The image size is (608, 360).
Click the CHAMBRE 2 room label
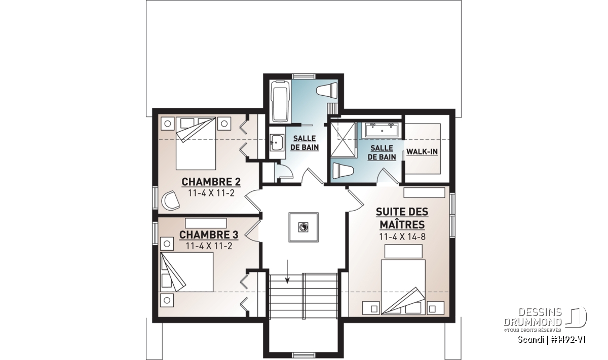211,182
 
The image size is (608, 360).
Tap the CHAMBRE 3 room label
209,234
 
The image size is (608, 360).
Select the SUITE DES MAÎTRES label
402,218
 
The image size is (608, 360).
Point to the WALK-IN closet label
422,152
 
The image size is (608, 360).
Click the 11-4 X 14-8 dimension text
402,237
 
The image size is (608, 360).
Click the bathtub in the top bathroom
281,101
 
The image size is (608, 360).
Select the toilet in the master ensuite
343,171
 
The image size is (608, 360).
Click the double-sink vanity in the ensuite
382,130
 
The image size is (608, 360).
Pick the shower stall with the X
343,140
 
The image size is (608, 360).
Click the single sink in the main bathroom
277,142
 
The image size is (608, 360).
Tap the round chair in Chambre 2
170,200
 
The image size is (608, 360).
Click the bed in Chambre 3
187,272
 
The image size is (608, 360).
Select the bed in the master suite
403,287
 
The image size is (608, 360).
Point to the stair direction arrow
287,271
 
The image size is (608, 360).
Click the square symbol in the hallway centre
303,227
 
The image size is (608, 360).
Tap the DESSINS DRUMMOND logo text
533,317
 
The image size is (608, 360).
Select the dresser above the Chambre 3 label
206,223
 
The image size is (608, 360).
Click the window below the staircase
303,355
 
